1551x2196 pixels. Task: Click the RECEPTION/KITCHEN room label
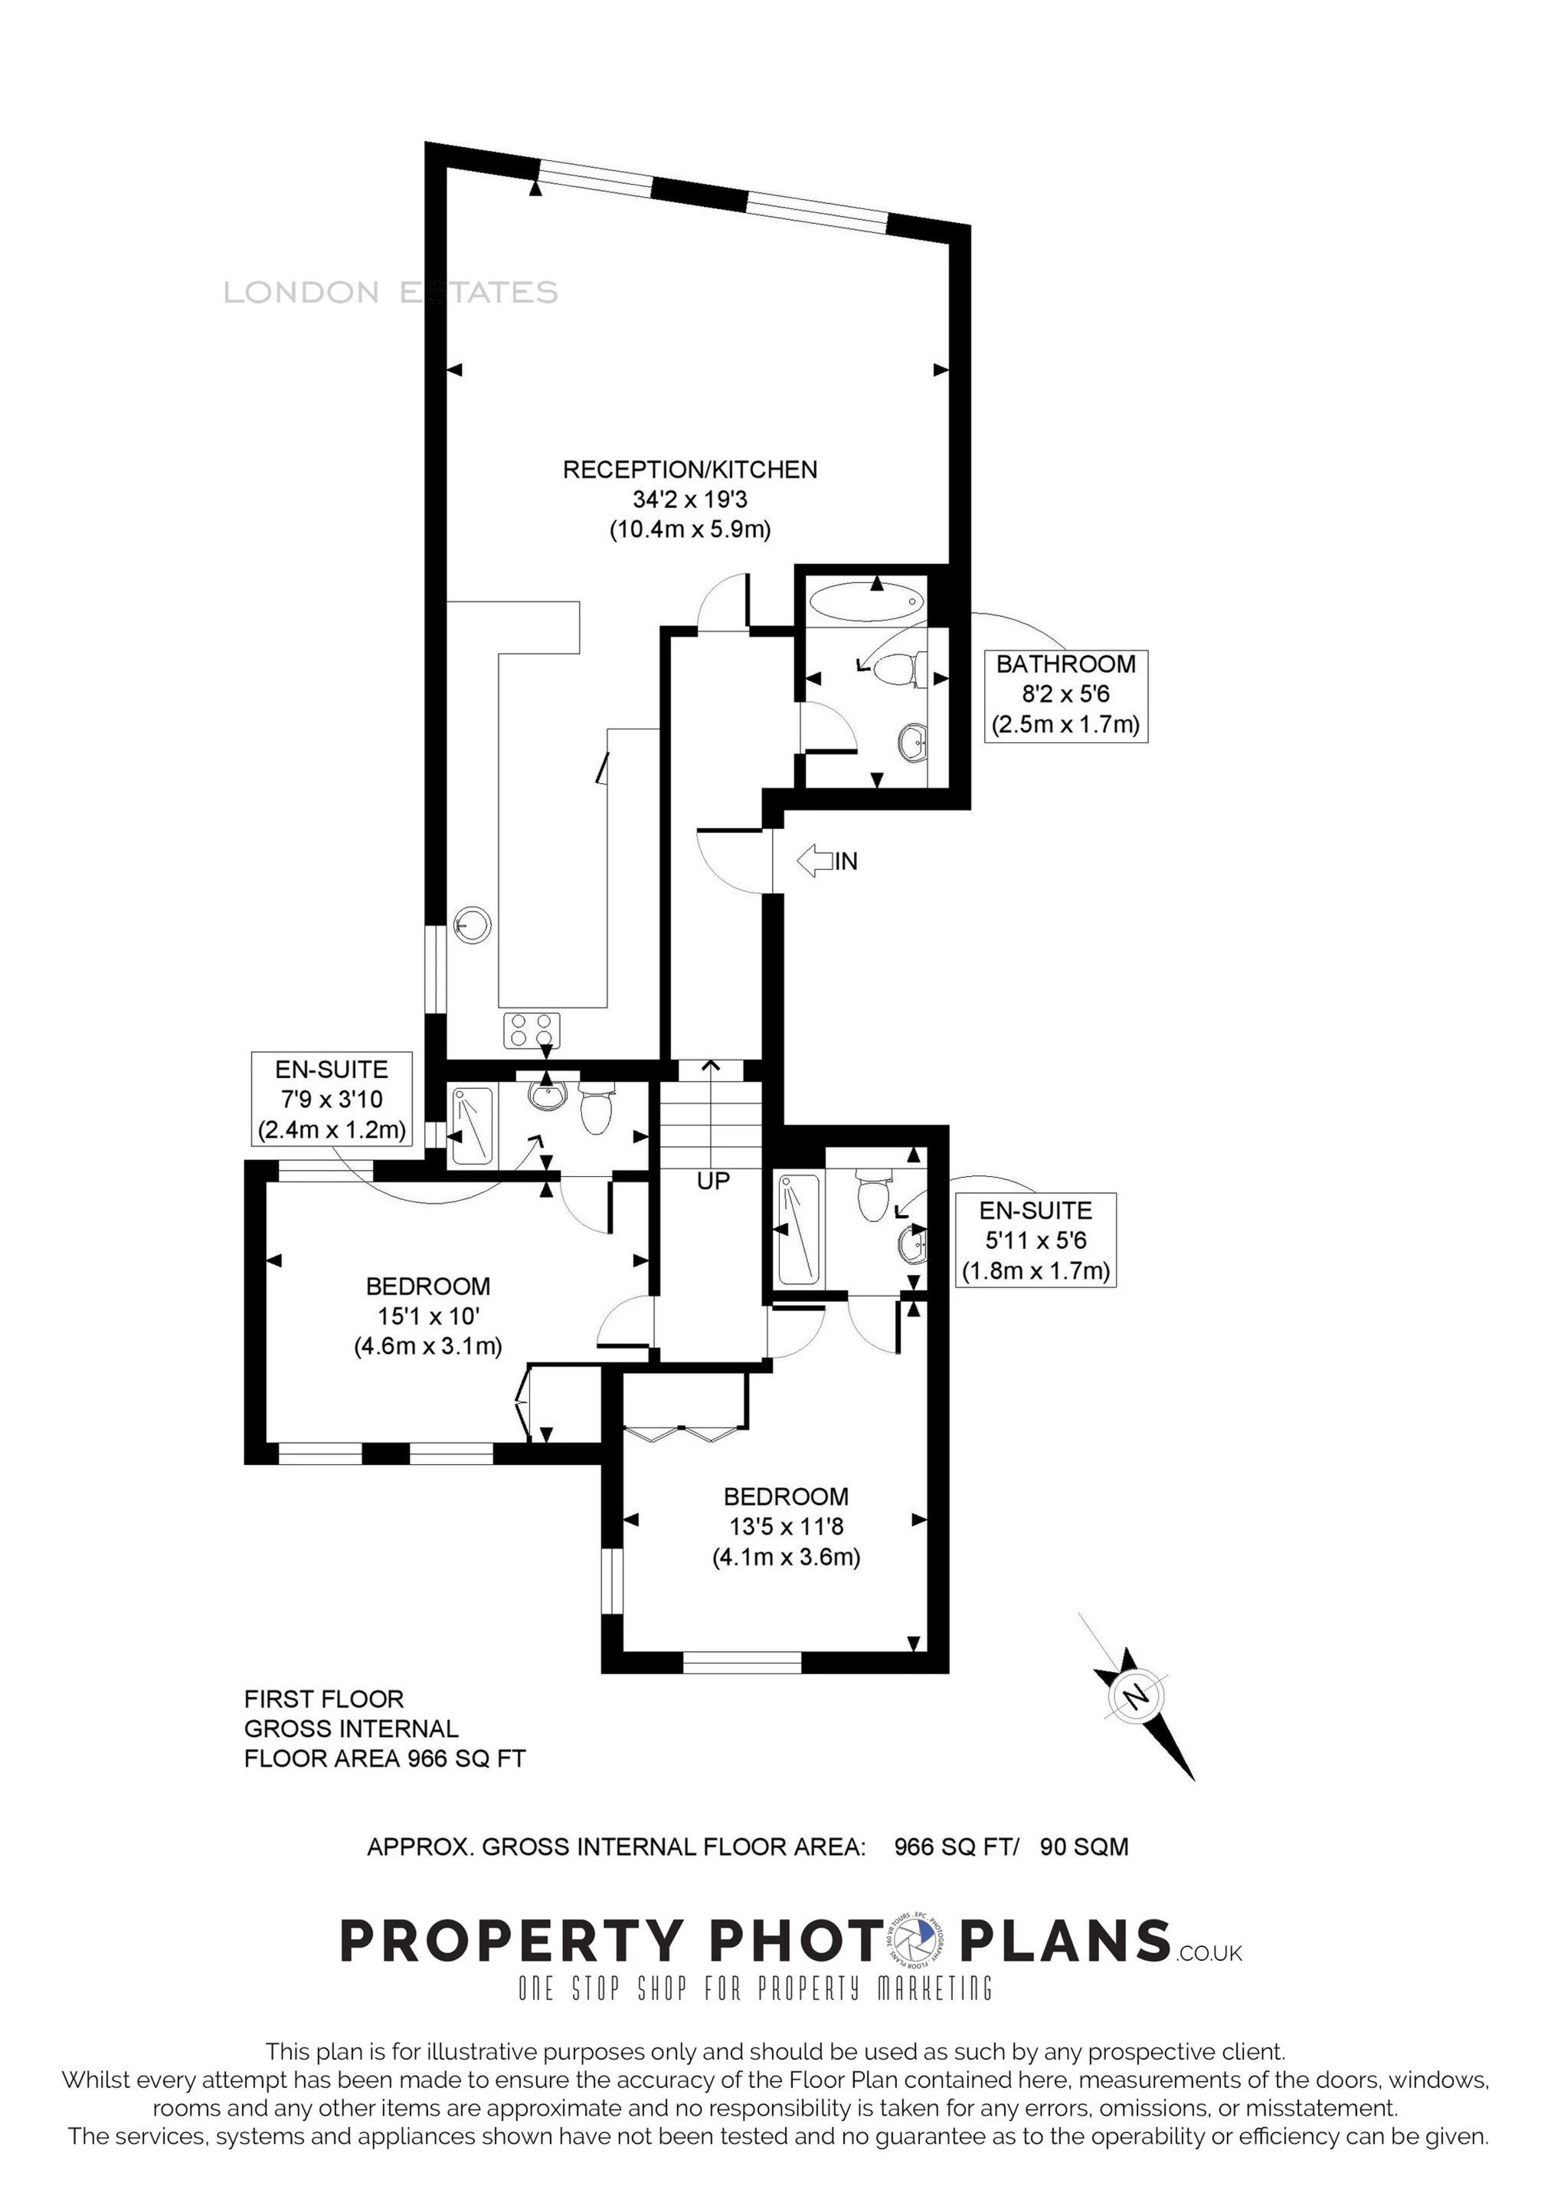click(689, 470)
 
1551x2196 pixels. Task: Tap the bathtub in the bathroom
click(866, 602)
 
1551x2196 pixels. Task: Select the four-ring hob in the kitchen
click(532, 1030)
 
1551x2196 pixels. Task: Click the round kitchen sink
click(473, 925)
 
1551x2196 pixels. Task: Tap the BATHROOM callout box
click(1066, 695)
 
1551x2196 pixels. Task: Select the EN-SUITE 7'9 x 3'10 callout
click(332, 1099)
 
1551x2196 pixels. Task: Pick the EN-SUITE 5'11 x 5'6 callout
click(1036, 1240)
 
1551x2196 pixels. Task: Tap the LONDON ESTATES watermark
click(390, 292)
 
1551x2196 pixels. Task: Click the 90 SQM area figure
click(1085, 1847)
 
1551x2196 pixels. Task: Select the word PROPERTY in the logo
click(511, 1941)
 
